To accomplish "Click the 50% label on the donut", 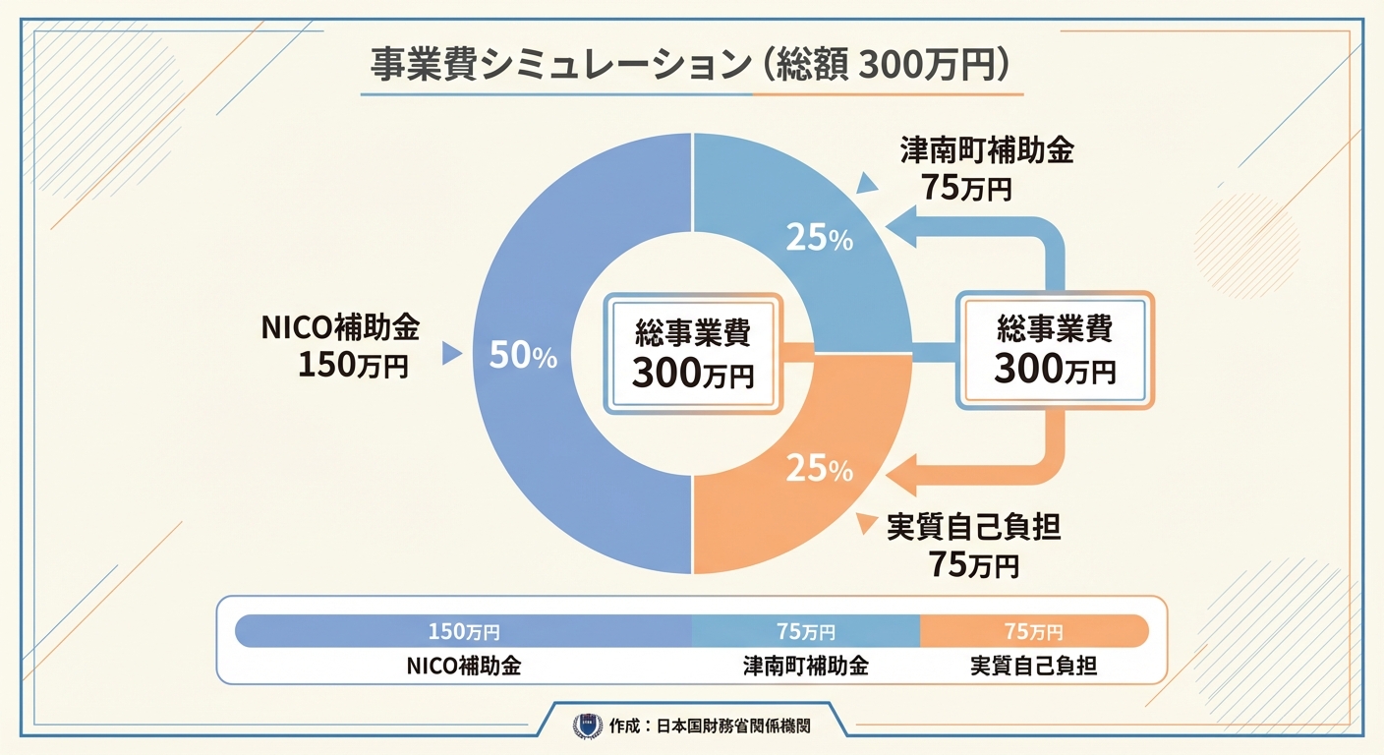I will click(x=523, y=357).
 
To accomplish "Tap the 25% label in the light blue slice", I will click(x=819, y=238).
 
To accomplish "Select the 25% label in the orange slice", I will click(x=819, y=469).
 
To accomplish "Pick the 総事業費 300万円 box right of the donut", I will click(x=1054, y=349).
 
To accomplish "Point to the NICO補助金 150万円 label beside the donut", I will click(x=340, y=347).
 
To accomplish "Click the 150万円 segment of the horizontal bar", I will click(x=464, y=631).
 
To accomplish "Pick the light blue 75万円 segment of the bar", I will click(x=806, y=631).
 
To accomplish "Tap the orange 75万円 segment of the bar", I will click(x=1033, y=631).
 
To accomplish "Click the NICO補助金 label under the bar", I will click(x=463, y=666).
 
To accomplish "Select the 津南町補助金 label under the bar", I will click(x=805, y=666).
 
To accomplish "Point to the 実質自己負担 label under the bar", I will click(x=1033, y=666).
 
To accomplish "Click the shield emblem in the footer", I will click(x=587, y=726).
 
